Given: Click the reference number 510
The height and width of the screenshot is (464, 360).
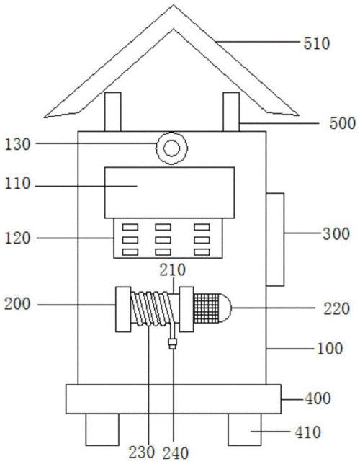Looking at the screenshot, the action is point(316,43).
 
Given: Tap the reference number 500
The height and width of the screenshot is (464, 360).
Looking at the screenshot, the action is point(342,122).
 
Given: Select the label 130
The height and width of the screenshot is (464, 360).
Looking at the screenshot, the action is point(18,145).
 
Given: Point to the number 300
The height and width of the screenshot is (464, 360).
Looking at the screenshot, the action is point(336,233).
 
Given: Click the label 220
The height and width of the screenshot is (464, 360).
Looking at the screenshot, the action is point(336,308).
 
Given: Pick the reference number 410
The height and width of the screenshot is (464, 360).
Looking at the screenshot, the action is point(307,432).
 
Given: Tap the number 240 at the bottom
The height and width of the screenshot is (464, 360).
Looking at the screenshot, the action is point(176,453).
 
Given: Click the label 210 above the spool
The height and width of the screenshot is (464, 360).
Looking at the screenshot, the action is point(173,270).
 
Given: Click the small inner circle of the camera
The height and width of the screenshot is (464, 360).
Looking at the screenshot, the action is point(171,148).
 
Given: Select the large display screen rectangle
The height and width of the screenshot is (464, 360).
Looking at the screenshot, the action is point(169,192).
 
